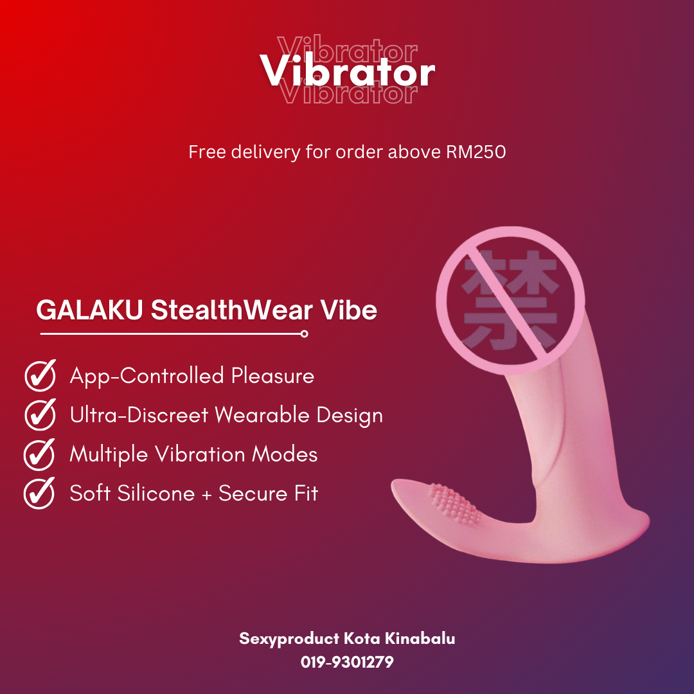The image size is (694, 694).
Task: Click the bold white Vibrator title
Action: point(348,72)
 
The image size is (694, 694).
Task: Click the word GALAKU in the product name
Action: point(91,310)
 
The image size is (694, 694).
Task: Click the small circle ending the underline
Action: point(304,334)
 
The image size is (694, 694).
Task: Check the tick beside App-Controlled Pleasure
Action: point(40,376)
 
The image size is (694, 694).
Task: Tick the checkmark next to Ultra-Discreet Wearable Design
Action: point(40,415)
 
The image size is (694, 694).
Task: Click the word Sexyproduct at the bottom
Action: point(289,639)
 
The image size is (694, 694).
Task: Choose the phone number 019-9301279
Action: point(347,661)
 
